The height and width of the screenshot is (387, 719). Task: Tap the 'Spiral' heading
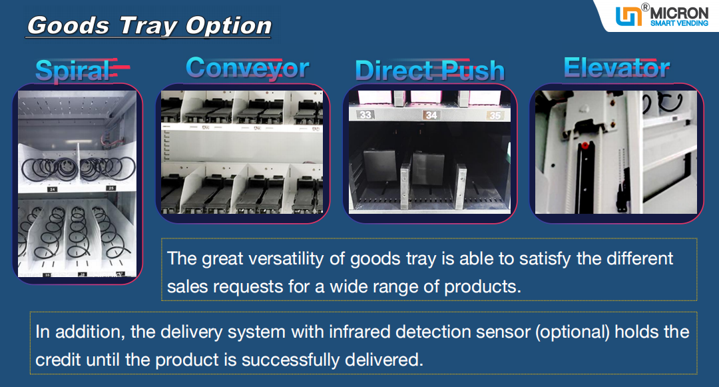pyautogui.click(x=73, y=71)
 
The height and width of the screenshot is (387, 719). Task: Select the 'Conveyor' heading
pyautogui.click(x=248, y=68)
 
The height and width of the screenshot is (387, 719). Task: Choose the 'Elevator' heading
pyautogui.click(x=616, y=68)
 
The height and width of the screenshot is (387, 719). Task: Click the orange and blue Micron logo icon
pyautogui.click(x=628, y=16)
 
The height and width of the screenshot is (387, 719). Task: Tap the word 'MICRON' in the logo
pyautogui.click(x=679, y=13)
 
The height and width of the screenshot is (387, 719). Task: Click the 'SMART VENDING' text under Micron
pyautogui.click(x=679, y=23)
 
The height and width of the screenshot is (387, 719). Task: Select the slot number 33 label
pyautogui.click(x=365, y=114)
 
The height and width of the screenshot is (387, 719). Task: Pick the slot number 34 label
pyautogui.click(x=431, y=115)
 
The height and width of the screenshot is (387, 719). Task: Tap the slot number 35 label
pyautogui.click(x=495, y=115)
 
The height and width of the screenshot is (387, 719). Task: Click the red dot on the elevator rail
pyautogui.click(x=585, y=146)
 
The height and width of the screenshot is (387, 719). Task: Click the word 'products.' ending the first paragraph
pyautogui.click(x=483, y=287)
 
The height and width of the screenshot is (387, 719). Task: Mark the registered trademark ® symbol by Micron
pyautogui.click(x=645, y=7)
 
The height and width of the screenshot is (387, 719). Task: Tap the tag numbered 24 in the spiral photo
pyautogui.click(x=52, y=189)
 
